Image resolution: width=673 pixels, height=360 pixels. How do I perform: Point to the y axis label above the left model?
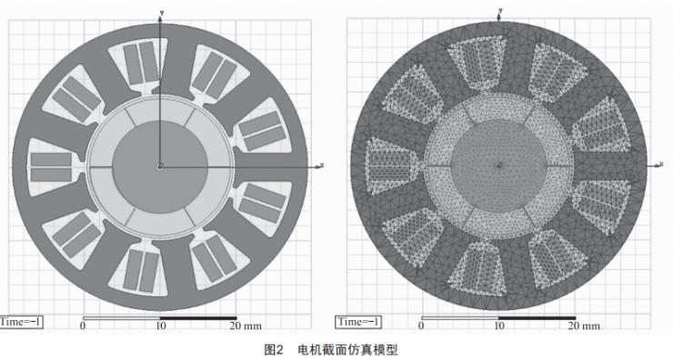coord(162,12)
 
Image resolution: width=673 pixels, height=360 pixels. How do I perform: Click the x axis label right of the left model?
coord(322,165)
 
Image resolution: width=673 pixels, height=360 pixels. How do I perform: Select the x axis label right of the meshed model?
coord(658,165)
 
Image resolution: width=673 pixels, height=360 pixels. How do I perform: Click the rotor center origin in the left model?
coord(160,166)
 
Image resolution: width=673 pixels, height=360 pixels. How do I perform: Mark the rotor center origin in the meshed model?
coord(498,166)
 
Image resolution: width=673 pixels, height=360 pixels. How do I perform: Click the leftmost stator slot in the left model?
coord(53,166)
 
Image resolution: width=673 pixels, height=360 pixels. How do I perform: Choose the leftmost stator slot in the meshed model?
coord(389,166)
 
